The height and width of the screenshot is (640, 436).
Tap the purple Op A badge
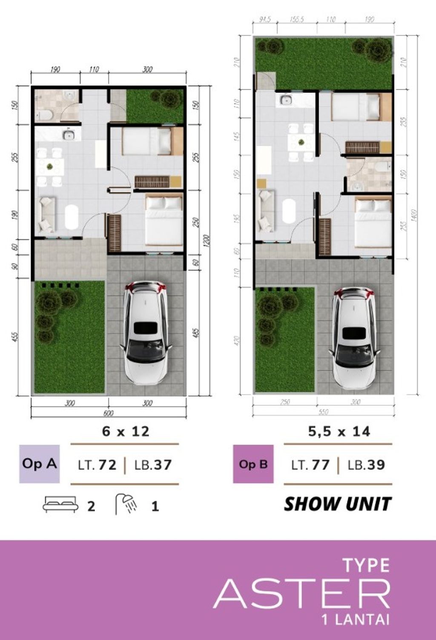(39, 464)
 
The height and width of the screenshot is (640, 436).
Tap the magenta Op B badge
(253, 464)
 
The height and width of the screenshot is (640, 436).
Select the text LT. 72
(97, 465)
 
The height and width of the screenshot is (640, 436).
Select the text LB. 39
(366, 465)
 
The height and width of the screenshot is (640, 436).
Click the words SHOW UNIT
(337, 504)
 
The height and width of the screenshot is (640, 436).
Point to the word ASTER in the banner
(301, 594)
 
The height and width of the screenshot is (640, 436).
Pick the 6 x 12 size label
(126, 431)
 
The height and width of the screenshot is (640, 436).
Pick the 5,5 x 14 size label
(339, 431)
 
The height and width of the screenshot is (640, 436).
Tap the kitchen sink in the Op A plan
(68, 135)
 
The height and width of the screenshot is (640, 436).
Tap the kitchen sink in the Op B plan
(285, 100)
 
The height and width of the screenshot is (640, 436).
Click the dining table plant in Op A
(50, 166)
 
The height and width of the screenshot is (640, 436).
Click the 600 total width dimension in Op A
(108, 413)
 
